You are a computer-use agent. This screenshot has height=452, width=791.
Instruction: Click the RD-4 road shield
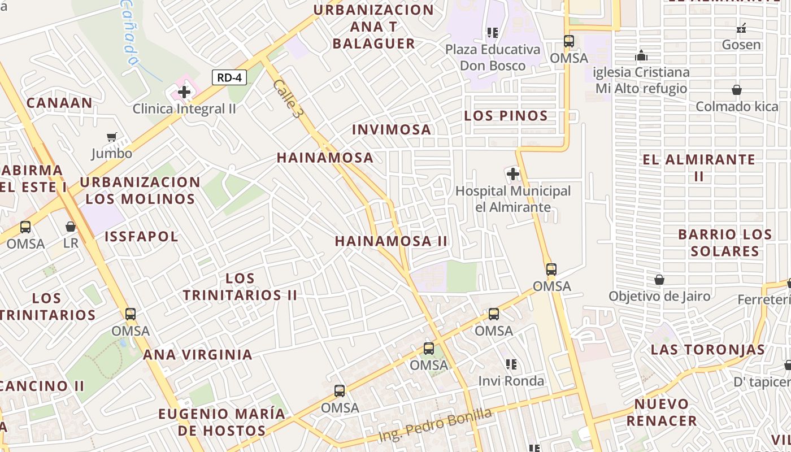[x=229, y=77]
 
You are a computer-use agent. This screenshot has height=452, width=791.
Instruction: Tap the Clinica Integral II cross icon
[x=184, y=92]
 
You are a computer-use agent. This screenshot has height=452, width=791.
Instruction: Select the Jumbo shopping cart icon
[x=112, y=137]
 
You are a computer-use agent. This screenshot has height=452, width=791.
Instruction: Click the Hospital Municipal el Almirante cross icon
[x=513, y=174]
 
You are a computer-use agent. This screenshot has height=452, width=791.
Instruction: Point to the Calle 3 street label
[x=286, y=98]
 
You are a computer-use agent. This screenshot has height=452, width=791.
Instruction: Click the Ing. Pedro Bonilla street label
[x=435, y=425]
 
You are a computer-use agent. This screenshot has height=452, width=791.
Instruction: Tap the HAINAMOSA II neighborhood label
[x=391, y=241]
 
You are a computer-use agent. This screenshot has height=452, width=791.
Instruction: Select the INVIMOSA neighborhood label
[x=392, y=129]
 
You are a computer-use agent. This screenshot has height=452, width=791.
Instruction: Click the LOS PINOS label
[x=506, y=116]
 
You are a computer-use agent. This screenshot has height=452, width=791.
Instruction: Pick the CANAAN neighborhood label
[x=59, y=103]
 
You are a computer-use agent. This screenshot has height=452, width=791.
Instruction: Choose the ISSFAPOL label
[x=141, y=236]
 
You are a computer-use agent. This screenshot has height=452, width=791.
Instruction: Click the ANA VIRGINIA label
[x=197, y=355]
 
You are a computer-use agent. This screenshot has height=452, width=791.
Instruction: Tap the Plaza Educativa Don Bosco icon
[x=493, y=33]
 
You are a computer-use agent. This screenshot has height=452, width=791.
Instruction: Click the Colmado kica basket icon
[x=737, y=90]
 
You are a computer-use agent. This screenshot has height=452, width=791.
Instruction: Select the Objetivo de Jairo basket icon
[x=659, y=280]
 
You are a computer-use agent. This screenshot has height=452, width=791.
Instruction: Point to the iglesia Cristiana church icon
[x=641, y=56]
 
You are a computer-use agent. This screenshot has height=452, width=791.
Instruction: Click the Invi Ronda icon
[x=511, y=364]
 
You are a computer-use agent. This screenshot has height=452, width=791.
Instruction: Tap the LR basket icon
[x=71, y=227]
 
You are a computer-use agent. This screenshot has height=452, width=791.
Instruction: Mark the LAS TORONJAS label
[x=707, y=349]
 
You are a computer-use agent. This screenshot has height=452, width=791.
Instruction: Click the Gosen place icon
[x=741, y=28]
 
